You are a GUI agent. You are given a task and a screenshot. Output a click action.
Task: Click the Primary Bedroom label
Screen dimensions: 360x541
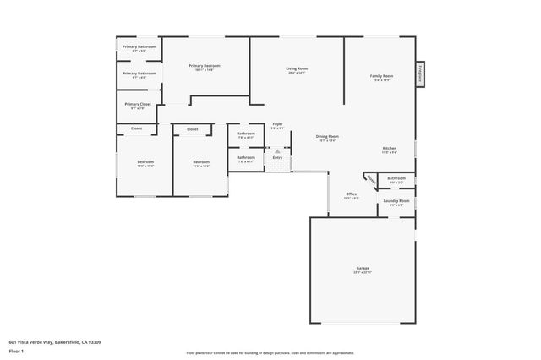point(205,67)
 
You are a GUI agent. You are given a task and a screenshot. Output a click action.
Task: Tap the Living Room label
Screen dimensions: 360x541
point(296,69)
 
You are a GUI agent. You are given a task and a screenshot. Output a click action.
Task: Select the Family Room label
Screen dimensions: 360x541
point(381,77)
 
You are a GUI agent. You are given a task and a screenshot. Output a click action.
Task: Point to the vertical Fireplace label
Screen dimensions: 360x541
point(419,74)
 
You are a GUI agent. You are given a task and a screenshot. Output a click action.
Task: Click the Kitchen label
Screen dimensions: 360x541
point(389,148)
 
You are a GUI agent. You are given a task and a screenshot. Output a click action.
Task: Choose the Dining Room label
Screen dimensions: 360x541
point(327,137)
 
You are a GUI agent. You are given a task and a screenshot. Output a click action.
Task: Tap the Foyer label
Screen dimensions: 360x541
point(277,125)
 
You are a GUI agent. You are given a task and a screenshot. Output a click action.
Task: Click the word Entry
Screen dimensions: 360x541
point(277,157)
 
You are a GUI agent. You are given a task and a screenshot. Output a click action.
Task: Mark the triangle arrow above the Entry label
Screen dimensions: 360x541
point(277,150)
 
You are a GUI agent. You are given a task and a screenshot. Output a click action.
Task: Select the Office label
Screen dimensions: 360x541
point(352,194)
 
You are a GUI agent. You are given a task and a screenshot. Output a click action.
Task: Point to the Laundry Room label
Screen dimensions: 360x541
point(396,201)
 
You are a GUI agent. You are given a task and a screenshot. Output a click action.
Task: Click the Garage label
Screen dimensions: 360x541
point(362,270)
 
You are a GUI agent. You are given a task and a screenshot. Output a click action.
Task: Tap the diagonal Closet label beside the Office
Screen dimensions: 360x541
point(371,180)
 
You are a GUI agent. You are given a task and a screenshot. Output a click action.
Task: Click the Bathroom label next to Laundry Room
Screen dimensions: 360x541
point(396,178)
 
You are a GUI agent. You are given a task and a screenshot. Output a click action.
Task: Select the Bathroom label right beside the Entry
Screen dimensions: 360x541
point(246,157)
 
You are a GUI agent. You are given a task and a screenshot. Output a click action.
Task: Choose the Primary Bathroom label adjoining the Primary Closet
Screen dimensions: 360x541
point(139,74)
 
